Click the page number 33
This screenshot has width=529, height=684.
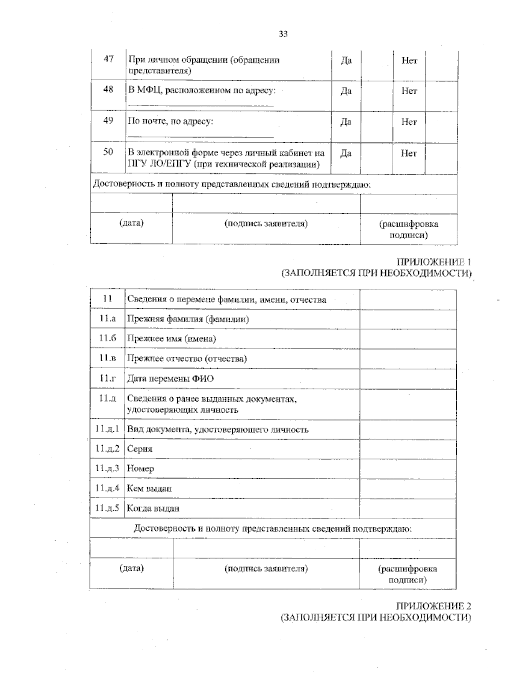click(283, 33)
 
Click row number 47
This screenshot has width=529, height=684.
click(108, 59)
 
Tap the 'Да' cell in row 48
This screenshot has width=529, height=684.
click(346, 91)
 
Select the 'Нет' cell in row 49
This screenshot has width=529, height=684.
click(409, 122)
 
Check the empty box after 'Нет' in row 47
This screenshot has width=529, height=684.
click(441, 65)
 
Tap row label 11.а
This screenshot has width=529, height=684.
click(108, 319)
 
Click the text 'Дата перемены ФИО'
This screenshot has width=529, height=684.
click(170, 378)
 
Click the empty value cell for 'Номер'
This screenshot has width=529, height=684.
click(408, 469)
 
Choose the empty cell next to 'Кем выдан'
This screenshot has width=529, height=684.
click(408, 488)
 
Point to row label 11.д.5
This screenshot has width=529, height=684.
click(107, 508)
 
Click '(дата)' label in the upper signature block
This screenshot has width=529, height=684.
click(131, 223)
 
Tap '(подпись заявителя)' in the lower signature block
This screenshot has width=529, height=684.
click(266, 568)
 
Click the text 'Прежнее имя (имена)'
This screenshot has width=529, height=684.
click(171, 339)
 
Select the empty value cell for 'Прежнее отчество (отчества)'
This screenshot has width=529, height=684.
click(408, 359)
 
